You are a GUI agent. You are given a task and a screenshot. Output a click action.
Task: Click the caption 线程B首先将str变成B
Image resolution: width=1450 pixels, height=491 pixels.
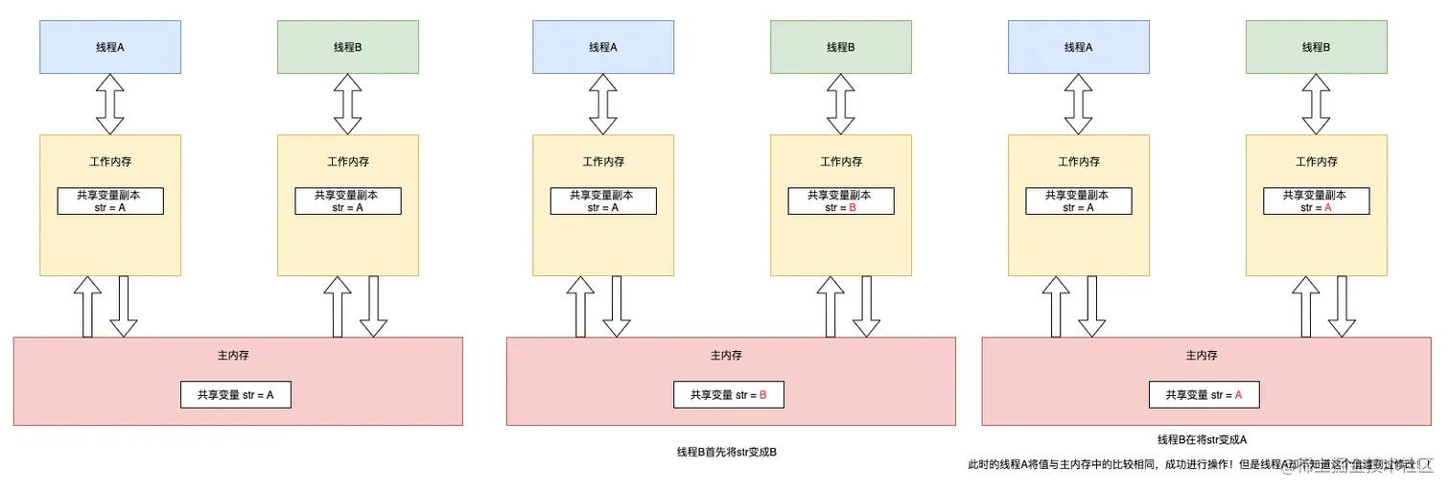(726, 452)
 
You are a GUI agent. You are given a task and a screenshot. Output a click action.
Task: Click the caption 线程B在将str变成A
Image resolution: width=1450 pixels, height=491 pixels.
(1202, 439)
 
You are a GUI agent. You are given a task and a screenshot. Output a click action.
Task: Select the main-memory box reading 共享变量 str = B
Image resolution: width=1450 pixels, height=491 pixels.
(730, 394)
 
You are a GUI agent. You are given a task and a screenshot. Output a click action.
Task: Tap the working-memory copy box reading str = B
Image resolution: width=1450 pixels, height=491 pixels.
(840, 200)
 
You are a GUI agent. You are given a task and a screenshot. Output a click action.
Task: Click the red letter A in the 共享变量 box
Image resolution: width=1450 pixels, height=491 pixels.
(1238, 394)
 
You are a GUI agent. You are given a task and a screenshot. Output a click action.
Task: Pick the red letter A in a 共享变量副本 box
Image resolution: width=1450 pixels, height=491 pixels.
(1328, 207)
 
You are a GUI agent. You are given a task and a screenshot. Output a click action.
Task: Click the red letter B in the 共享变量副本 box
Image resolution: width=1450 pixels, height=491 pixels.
(853, 207)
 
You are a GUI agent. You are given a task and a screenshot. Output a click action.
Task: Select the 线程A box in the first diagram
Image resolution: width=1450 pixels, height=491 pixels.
(109, 47)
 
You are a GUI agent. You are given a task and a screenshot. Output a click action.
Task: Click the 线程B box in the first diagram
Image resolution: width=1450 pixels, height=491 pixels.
(347, 47)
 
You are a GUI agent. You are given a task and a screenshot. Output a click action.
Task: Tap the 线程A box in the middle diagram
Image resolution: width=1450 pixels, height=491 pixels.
(603, 47)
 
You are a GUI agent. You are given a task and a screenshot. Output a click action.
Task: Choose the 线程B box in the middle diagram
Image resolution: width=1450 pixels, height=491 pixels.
(840, 47)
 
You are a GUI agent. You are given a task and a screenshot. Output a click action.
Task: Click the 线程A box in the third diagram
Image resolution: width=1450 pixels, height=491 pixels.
(1078, 47)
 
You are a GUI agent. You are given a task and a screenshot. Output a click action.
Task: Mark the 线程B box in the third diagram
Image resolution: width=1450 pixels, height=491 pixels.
(1316, 47)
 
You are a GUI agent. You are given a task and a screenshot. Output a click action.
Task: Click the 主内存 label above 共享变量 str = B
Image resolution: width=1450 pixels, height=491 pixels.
(726, 355)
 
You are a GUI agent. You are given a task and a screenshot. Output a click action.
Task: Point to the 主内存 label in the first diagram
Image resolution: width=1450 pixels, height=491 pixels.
(233, 355)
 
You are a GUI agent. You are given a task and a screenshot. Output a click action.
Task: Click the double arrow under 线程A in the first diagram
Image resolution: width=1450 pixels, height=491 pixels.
(110, 104)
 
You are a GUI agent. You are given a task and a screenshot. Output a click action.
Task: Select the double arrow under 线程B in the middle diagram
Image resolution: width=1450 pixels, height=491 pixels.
(841, 104)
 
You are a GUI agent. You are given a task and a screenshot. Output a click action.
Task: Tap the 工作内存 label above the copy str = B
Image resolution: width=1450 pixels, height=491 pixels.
(840, 162)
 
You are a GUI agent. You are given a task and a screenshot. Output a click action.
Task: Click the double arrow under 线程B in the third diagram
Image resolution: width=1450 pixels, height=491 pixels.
(1317, 104)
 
